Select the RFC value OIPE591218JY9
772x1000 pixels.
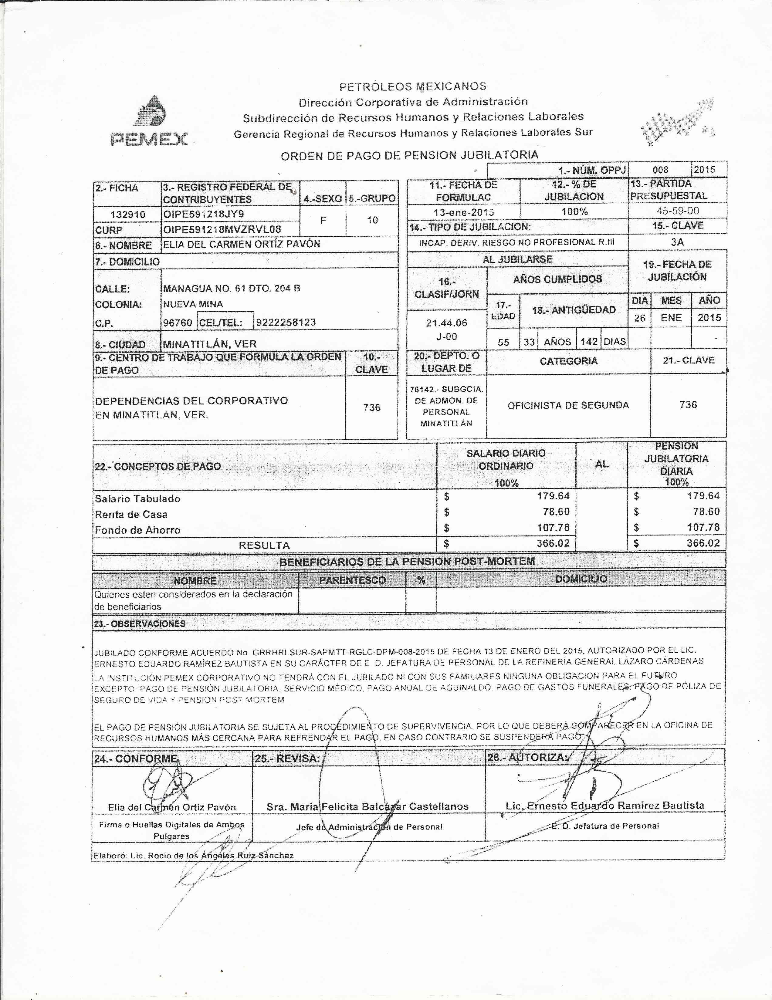(x=204, y=214)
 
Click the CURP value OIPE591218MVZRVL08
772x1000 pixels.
(x=222, y=229)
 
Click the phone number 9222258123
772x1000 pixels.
(x=286, y=322)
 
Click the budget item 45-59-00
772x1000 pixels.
(x=677, y=211)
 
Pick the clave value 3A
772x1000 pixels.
(x=677, y=242)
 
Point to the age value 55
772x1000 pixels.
(x=503, y=342)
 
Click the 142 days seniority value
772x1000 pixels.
(x=589, y=342)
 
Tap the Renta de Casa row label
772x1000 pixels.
(x=131, y=514)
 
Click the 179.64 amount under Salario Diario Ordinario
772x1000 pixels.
(x=553, y=496)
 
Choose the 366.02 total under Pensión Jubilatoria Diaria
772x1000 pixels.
(x=703, y=543)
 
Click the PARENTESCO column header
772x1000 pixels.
(x=352, y=580)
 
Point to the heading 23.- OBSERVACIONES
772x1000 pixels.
(x=140, y=623)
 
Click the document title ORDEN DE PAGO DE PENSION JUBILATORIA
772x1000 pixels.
(x=409, y=155)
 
